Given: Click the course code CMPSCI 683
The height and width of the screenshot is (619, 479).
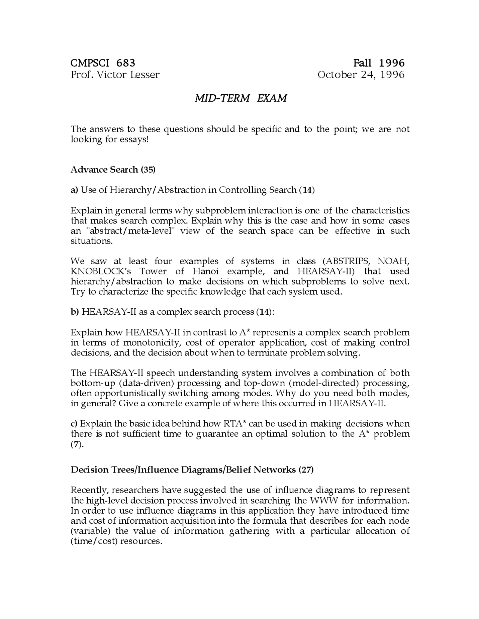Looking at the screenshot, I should point(103,62).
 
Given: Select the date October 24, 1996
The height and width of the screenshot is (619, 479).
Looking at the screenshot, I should point(361,75).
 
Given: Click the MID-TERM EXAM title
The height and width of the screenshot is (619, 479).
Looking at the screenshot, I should point(241,98).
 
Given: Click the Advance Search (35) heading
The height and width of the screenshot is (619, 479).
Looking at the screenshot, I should point(113,170).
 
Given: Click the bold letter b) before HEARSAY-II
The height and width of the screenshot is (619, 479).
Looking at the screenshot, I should point(74,312).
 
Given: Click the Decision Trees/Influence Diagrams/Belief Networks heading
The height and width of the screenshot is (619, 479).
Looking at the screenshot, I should point(192,470).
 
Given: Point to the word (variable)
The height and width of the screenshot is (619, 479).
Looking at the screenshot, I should point(90,531).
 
